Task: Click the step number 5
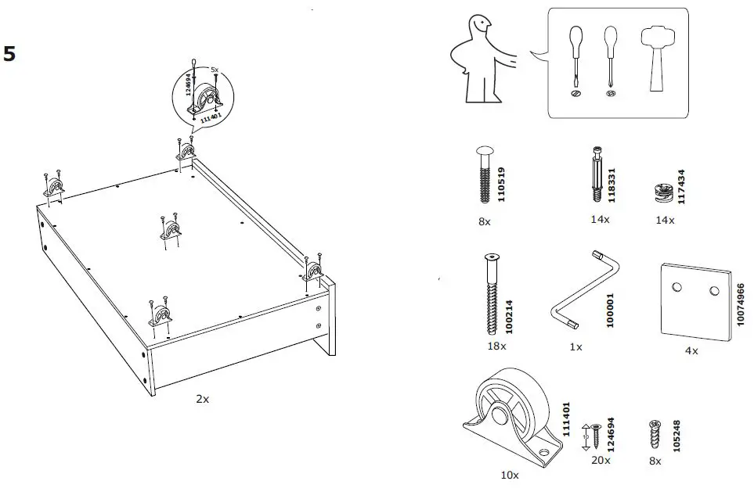(10, 54)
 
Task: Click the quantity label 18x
(496, 345)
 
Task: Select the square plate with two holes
(696, 300)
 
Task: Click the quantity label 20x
(601, 461)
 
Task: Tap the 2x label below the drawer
(202, 399)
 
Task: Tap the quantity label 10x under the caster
(509, 474)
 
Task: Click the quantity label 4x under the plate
(691, 351)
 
